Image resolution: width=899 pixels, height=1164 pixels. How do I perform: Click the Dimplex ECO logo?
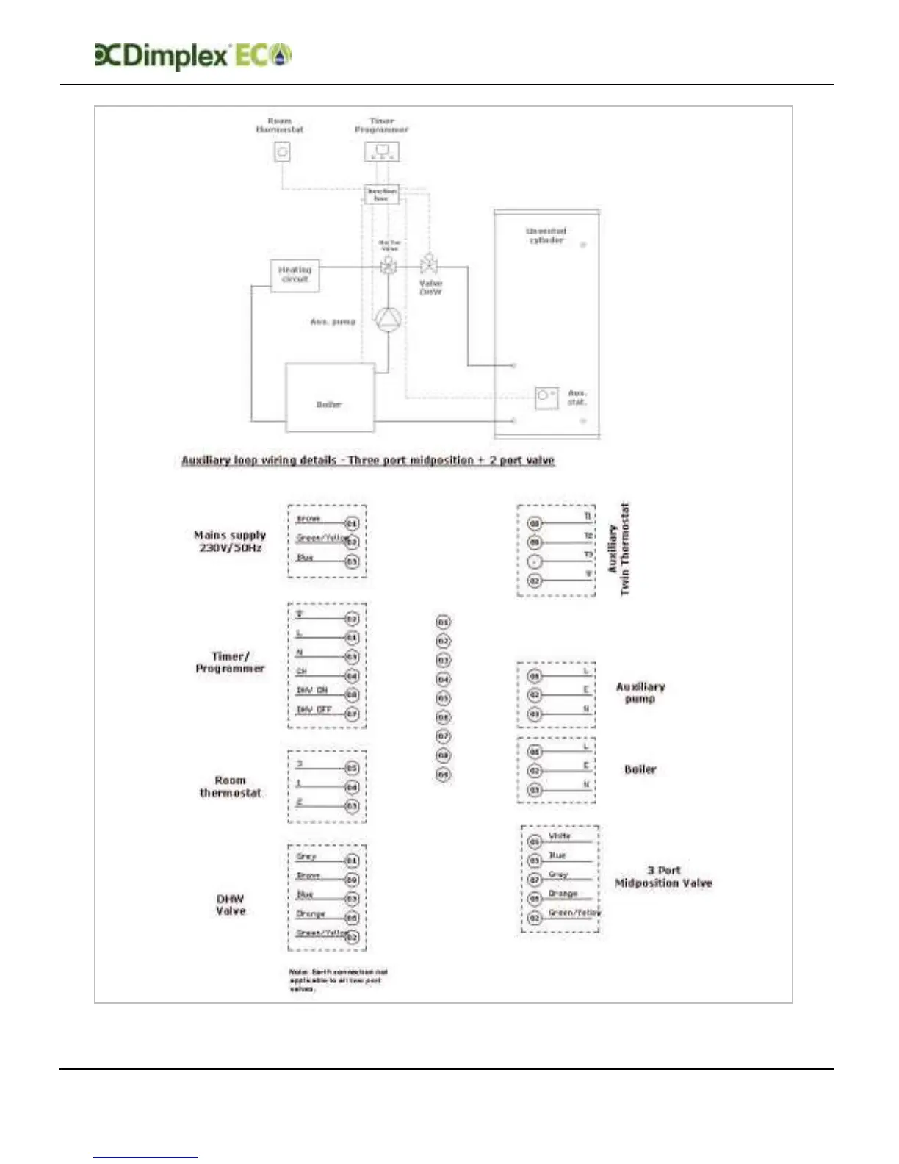(193, 56)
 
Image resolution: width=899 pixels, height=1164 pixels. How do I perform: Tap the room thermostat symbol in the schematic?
(282, 152)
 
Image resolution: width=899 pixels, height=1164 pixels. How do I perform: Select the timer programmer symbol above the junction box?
(382, 151)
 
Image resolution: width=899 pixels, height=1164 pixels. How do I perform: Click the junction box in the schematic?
(381, 194)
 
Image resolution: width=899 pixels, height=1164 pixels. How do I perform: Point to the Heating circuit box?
(295, 275)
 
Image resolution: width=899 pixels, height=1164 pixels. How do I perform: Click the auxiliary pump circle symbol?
(388, 320)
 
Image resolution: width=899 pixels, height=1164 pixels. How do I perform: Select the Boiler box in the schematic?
(329, 398)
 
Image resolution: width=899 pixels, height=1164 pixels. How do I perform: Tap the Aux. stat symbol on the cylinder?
(546, 397)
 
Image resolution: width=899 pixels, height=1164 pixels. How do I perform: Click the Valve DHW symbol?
(428, 264)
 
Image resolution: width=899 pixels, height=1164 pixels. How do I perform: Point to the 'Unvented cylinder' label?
(546, 235)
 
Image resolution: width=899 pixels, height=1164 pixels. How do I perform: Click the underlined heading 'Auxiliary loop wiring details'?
(367, 460)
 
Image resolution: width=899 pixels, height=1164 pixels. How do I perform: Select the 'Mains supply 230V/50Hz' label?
(230, 542)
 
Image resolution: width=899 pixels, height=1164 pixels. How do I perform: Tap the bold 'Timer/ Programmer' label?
(230, 662)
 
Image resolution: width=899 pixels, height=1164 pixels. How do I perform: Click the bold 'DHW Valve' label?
(230, 905)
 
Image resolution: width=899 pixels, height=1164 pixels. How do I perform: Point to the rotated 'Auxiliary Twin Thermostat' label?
(618, 550)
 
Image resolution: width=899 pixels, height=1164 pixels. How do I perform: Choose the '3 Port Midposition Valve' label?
(663, 877)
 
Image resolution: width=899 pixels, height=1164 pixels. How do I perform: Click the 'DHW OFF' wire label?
(314, 710)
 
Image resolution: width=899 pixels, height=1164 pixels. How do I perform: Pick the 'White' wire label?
(559, 836)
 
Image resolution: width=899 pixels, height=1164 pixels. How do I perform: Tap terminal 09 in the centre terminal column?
(444, 775)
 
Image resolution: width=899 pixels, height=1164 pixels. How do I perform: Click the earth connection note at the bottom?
(338, 980)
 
